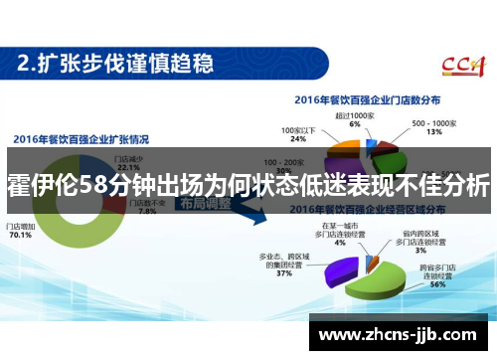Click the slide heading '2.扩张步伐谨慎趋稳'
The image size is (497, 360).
tap(116, 64)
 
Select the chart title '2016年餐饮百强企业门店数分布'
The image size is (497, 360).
tap(366, 101)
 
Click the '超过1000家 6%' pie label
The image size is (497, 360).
tap(356, 119)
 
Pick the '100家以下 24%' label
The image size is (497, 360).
tap(298, 133)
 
